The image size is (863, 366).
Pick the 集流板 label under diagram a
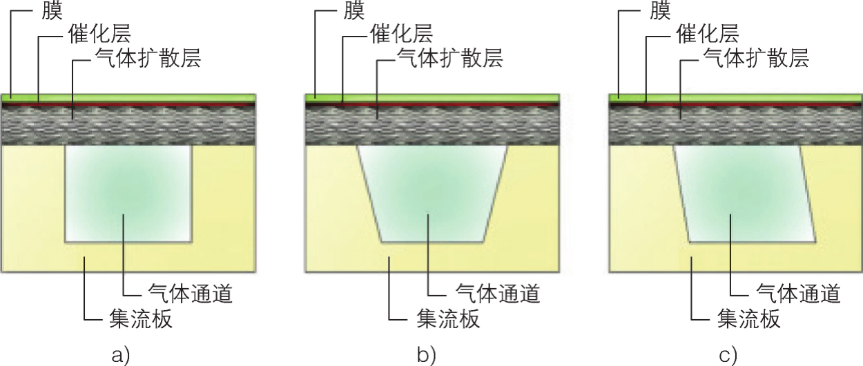[x=140, y=319]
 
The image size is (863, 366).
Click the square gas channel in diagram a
[x=128, y=193]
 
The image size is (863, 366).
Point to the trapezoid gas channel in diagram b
[x=432, y=193]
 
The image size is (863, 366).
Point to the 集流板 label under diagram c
[x=749, y=319]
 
